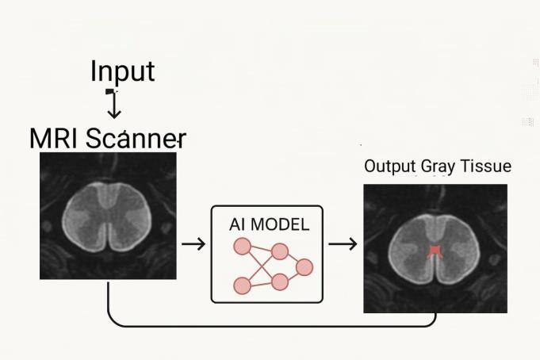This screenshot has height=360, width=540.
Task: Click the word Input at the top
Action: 121,71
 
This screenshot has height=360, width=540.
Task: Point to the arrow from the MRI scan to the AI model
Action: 193,243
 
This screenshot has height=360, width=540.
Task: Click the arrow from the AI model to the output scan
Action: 342,243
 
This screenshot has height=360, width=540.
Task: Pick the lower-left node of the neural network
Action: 241,284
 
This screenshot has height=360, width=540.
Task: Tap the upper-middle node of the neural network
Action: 279,251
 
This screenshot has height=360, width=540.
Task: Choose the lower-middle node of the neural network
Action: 278,281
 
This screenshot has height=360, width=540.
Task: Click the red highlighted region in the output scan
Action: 434,252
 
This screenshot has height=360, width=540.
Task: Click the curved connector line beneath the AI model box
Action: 270,325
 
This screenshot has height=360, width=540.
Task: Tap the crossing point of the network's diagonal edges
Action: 260,266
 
